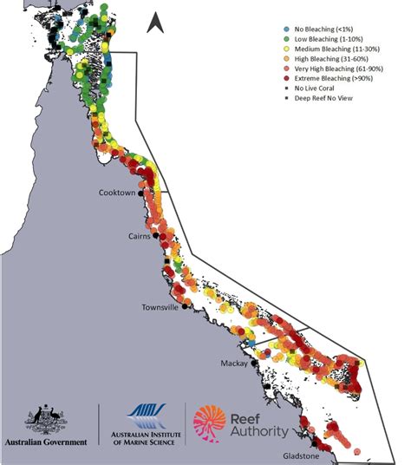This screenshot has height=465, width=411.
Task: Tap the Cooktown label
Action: point(117,193)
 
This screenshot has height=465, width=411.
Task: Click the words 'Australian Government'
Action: point(46,442)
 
